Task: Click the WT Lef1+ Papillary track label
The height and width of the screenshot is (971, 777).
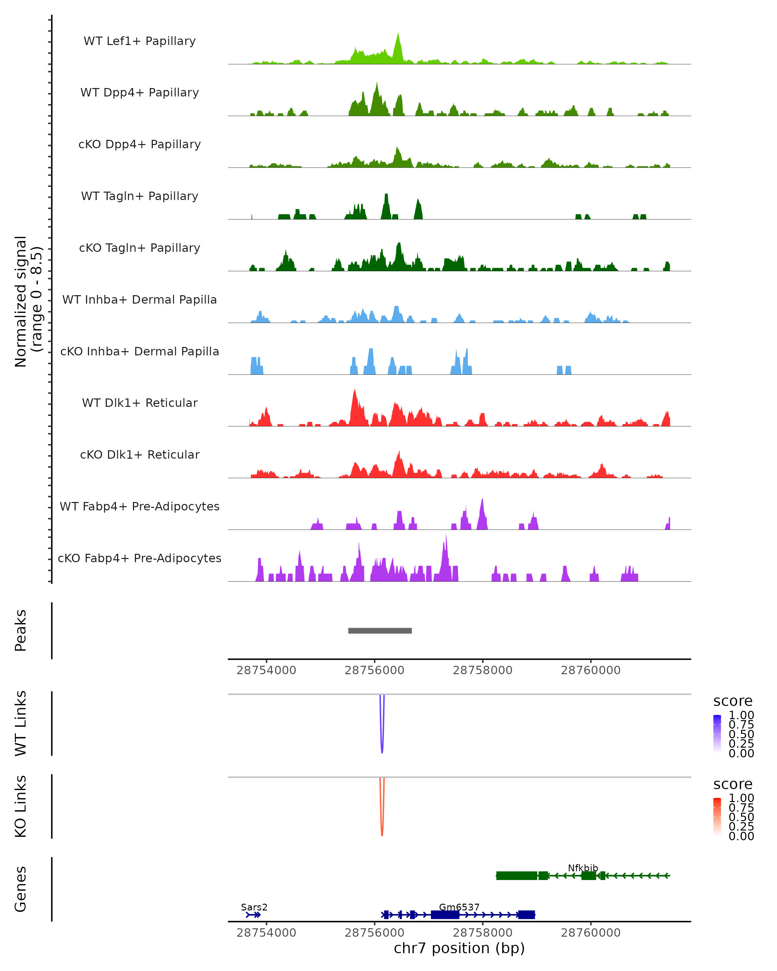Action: tap(140, 41)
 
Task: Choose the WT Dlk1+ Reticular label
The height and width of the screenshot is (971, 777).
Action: tap(140, 403)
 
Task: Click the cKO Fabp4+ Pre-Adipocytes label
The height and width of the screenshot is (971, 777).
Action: tap(140, 558)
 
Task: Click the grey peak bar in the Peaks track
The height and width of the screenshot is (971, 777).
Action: tap(380, 631)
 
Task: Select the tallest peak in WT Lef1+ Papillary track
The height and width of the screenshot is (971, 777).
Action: tap(398, 36)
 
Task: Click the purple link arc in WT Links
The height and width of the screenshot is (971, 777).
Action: tap(382, 748)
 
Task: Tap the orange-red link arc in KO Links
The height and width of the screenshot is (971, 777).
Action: tap(382, 831)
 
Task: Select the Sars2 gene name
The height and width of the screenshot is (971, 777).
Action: tap(254, 907)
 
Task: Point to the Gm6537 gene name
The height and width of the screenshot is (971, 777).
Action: tap(459, 907)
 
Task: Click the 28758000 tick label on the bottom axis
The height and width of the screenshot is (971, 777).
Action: tap(482, 933)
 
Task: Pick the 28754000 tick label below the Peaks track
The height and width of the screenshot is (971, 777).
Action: tap(266, 670)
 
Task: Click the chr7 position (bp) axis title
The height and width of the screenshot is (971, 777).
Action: tap(459, 948)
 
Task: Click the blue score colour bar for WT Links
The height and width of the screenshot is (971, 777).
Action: tap(717, 733)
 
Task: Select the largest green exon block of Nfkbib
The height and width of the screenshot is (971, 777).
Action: tap(517, 876)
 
